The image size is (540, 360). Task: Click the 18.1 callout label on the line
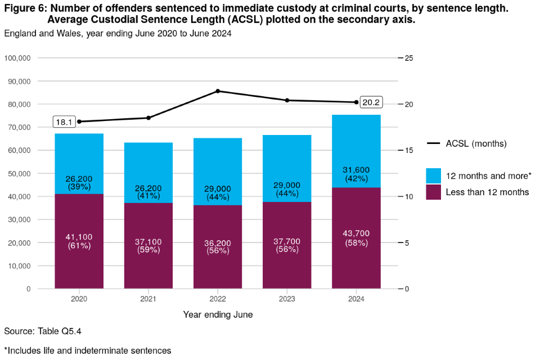pos(64,121)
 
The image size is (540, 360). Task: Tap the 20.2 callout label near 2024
pos(372,102)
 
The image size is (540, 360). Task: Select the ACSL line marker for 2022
pos(218,91)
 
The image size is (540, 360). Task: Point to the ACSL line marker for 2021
pos(148,118)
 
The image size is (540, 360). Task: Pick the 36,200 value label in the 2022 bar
pos(218,243)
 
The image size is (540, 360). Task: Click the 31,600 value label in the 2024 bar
pos(356,170)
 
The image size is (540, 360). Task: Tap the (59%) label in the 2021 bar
pos(148,250)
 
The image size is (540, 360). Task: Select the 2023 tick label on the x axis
pos(287,299)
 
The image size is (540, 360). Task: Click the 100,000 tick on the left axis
pos(20,58)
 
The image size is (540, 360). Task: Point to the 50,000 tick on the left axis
pos(22,174)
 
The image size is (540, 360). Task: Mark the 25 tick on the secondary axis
pos(409,58)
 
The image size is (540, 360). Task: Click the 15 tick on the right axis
pos(409,151)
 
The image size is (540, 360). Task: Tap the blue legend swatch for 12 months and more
pos(434,175)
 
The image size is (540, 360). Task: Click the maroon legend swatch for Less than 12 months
pos(434,192)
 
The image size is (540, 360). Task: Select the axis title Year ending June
pos(218,315)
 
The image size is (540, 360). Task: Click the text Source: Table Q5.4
pos(39,331)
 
